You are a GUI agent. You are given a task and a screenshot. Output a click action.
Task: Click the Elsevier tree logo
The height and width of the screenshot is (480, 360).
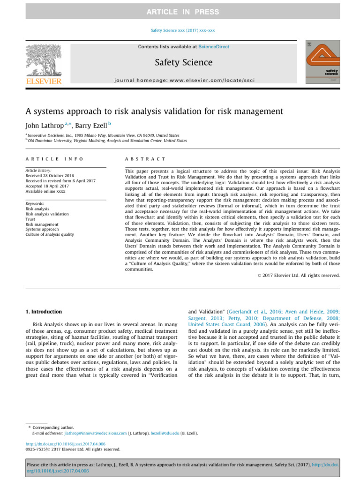coord(43,64)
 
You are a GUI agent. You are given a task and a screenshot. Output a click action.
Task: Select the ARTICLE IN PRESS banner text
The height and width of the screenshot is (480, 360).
coord(180,11)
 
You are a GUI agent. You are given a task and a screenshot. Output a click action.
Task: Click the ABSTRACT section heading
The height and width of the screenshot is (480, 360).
coord(145,159)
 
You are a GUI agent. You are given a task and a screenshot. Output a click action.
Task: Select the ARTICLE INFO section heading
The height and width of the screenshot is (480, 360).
coord(54,159)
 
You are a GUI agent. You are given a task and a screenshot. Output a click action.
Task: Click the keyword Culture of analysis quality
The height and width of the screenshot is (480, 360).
coord(50,221)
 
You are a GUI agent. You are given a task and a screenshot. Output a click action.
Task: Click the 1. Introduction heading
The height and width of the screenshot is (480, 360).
coord(43,311)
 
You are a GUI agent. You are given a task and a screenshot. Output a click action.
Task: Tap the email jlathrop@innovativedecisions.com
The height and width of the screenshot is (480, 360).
coord(96,433)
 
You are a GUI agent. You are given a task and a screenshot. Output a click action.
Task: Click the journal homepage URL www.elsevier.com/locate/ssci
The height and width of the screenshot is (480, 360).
coord(213,80)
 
